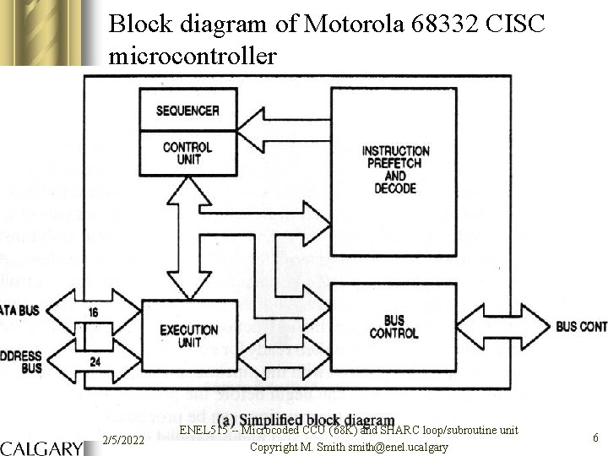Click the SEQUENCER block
click(187, 111)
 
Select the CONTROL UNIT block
click(187, 153)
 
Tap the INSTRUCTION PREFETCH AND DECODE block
click(395, 169)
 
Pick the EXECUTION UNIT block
click(188, 336)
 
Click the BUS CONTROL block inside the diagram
click(394, 328)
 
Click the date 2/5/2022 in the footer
click(122, 440)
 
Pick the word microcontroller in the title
click(193, 56)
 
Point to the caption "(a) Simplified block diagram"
click(306, 420)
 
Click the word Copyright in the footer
click(274, 446)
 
